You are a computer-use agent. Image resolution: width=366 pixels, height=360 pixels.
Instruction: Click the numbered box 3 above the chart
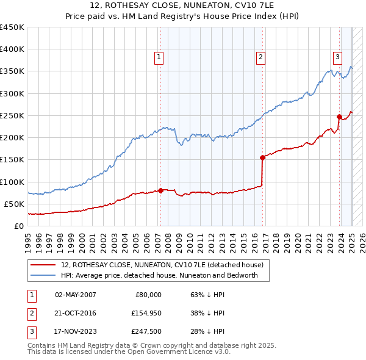337,57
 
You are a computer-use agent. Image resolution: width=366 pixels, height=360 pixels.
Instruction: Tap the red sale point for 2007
160,190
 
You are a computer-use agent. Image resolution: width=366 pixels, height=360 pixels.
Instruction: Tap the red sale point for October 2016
262,157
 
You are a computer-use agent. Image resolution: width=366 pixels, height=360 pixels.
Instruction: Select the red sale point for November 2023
339,117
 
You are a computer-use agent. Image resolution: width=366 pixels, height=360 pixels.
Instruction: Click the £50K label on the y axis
15,204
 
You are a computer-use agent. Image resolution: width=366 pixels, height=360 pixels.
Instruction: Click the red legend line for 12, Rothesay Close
44,265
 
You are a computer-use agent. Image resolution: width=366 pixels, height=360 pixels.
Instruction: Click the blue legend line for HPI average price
44,276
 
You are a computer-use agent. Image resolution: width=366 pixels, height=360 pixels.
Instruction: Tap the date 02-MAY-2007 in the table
75,295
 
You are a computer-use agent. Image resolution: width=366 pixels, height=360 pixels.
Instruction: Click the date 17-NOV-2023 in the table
75,333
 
